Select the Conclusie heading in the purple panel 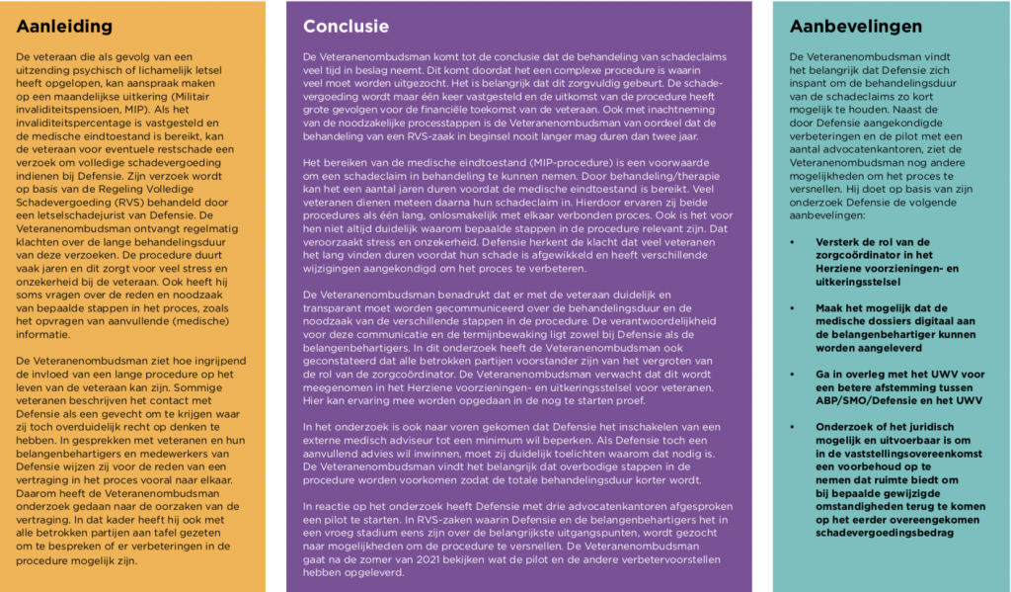pos(346,27)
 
